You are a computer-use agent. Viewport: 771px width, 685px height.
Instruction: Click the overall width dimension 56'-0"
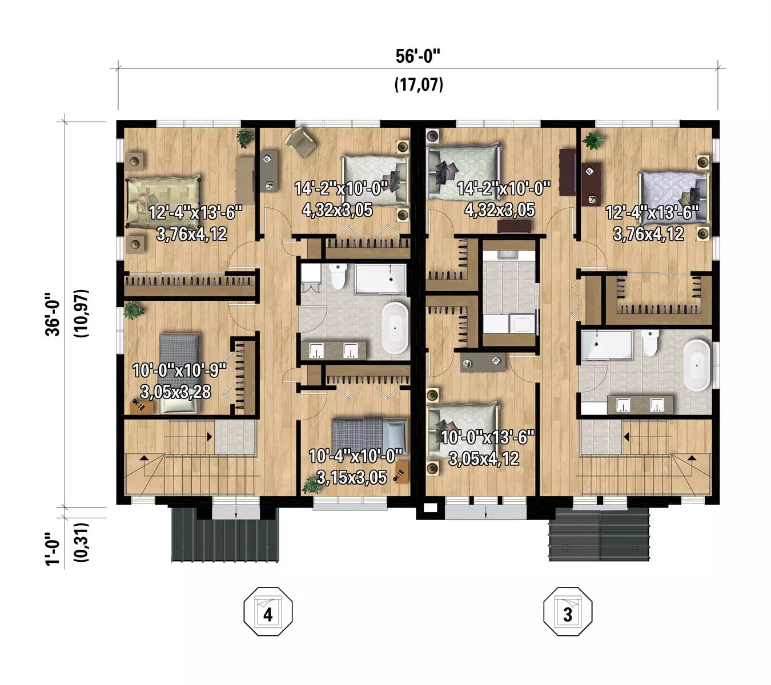(x=417, y=57)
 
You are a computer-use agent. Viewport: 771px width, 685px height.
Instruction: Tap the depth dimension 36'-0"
(x=53, y=314)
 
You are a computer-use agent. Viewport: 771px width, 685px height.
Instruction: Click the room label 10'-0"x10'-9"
(x=179, y=370)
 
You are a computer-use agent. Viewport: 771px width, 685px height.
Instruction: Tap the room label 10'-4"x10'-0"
(x=355, y=456)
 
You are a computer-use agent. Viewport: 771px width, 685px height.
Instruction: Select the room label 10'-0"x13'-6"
(x=488, y=437)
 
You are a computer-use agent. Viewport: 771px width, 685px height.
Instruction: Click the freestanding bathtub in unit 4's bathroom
(x=395, y=328)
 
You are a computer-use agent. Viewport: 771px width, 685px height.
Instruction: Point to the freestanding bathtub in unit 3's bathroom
(x=697, y=365)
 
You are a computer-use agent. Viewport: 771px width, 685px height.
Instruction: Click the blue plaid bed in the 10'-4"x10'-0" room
(x=370, y=437)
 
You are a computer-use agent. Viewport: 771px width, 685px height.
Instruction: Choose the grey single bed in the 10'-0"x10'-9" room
(x=179, y=373)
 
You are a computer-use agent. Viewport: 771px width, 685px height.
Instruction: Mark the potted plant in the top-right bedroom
(x=593, y=141)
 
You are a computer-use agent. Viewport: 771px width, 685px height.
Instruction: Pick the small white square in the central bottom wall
(x=429, y=508)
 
